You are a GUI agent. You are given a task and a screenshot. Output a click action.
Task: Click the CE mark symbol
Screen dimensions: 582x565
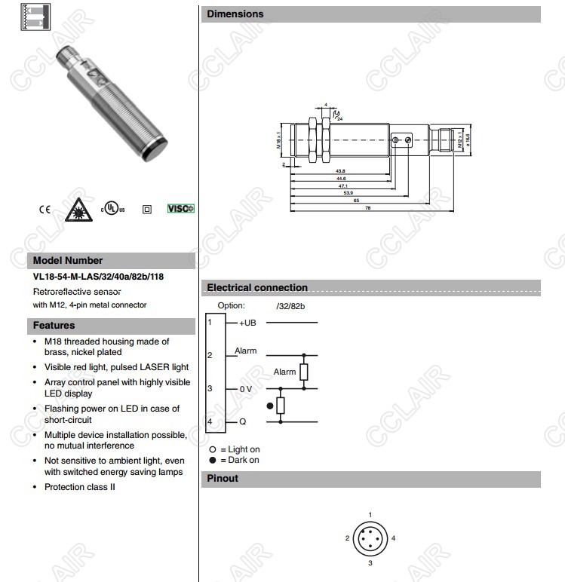pyautogui.click(x=45, y=209)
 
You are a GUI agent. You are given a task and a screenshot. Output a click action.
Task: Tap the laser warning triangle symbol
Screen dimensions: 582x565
pyautogui.click(x=76, y=207)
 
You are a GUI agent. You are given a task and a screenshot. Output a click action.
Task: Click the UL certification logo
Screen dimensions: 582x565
pyautogui.click(x=111, y=208)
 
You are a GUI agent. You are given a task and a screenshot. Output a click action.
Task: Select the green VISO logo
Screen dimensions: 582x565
pyautogui.click(x=180, y=208)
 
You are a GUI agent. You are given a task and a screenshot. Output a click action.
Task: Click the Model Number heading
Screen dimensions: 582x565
pyautogui.click(x=68, y=260)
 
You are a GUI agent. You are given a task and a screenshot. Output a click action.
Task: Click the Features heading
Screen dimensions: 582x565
pyautogui.click(x=54, y=326)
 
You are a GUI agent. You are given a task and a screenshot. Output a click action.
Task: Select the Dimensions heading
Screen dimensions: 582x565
pyautogui.click(x=235, y=14)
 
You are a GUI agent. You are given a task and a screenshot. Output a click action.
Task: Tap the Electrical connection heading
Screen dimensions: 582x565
pyautogui.click(x=257, y=287)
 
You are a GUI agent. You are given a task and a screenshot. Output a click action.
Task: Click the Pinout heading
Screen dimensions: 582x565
pyautogui.click(x=223, y=478)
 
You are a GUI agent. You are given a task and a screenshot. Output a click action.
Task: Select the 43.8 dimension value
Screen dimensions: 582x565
pyautogui.click(x=340, y=170)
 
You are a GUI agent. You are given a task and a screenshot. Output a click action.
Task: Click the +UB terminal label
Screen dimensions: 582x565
pyautogui.click(x=248, y=323)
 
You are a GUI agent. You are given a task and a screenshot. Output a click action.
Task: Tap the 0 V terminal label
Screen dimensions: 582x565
pyautogui.click(x=247, y=389)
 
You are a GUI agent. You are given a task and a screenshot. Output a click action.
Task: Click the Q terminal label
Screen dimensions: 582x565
pyautogui.click(x=243, y=421)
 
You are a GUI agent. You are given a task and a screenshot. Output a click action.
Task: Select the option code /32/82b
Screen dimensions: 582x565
pyautogui.click(x=290, y=306)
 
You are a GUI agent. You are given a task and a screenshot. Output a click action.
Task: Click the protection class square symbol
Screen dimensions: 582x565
pyautogui.click(x=147, y=209)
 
